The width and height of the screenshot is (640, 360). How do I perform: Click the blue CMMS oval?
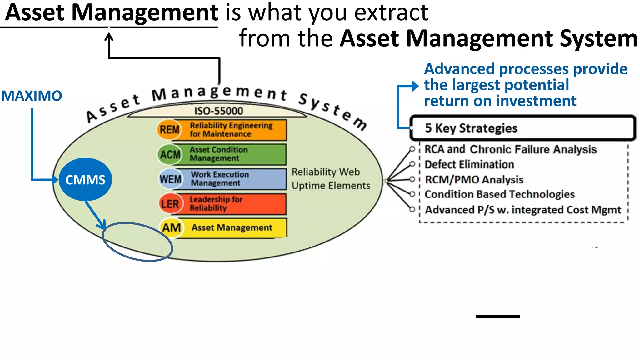pos(85,180)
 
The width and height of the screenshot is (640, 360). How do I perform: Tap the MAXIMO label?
pos(32,96)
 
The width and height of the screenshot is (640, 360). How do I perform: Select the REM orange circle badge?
pos(169,129)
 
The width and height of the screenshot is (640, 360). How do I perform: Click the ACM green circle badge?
pos(170,154)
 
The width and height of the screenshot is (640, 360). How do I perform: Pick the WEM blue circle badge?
pos(170,179)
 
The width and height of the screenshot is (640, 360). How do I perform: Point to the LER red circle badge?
pos(170,204)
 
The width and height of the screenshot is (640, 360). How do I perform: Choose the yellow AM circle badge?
pos(171,228)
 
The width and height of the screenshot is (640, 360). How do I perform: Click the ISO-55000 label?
pos(218,111)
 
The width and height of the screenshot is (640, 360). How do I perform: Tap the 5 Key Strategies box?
pos(522,128)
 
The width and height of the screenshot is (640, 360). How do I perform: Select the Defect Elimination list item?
pos(469,164)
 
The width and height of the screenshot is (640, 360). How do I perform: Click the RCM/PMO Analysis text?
pos(474,180)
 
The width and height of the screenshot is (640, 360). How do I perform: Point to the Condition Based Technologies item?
pos(499,194)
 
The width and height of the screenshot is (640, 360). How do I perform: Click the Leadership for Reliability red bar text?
pos(216,204)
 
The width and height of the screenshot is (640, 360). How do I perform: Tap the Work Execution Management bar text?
pos(220,179)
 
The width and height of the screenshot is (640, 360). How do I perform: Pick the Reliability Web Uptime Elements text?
pos(331,179)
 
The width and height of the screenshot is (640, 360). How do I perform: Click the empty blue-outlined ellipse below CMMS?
pos(137,242)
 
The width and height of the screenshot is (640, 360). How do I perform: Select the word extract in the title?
pos(391,13)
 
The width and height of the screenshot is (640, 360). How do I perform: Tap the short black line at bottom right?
pos(498,317)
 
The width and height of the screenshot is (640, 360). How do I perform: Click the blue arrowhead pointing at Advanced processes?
pos(415,86)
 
